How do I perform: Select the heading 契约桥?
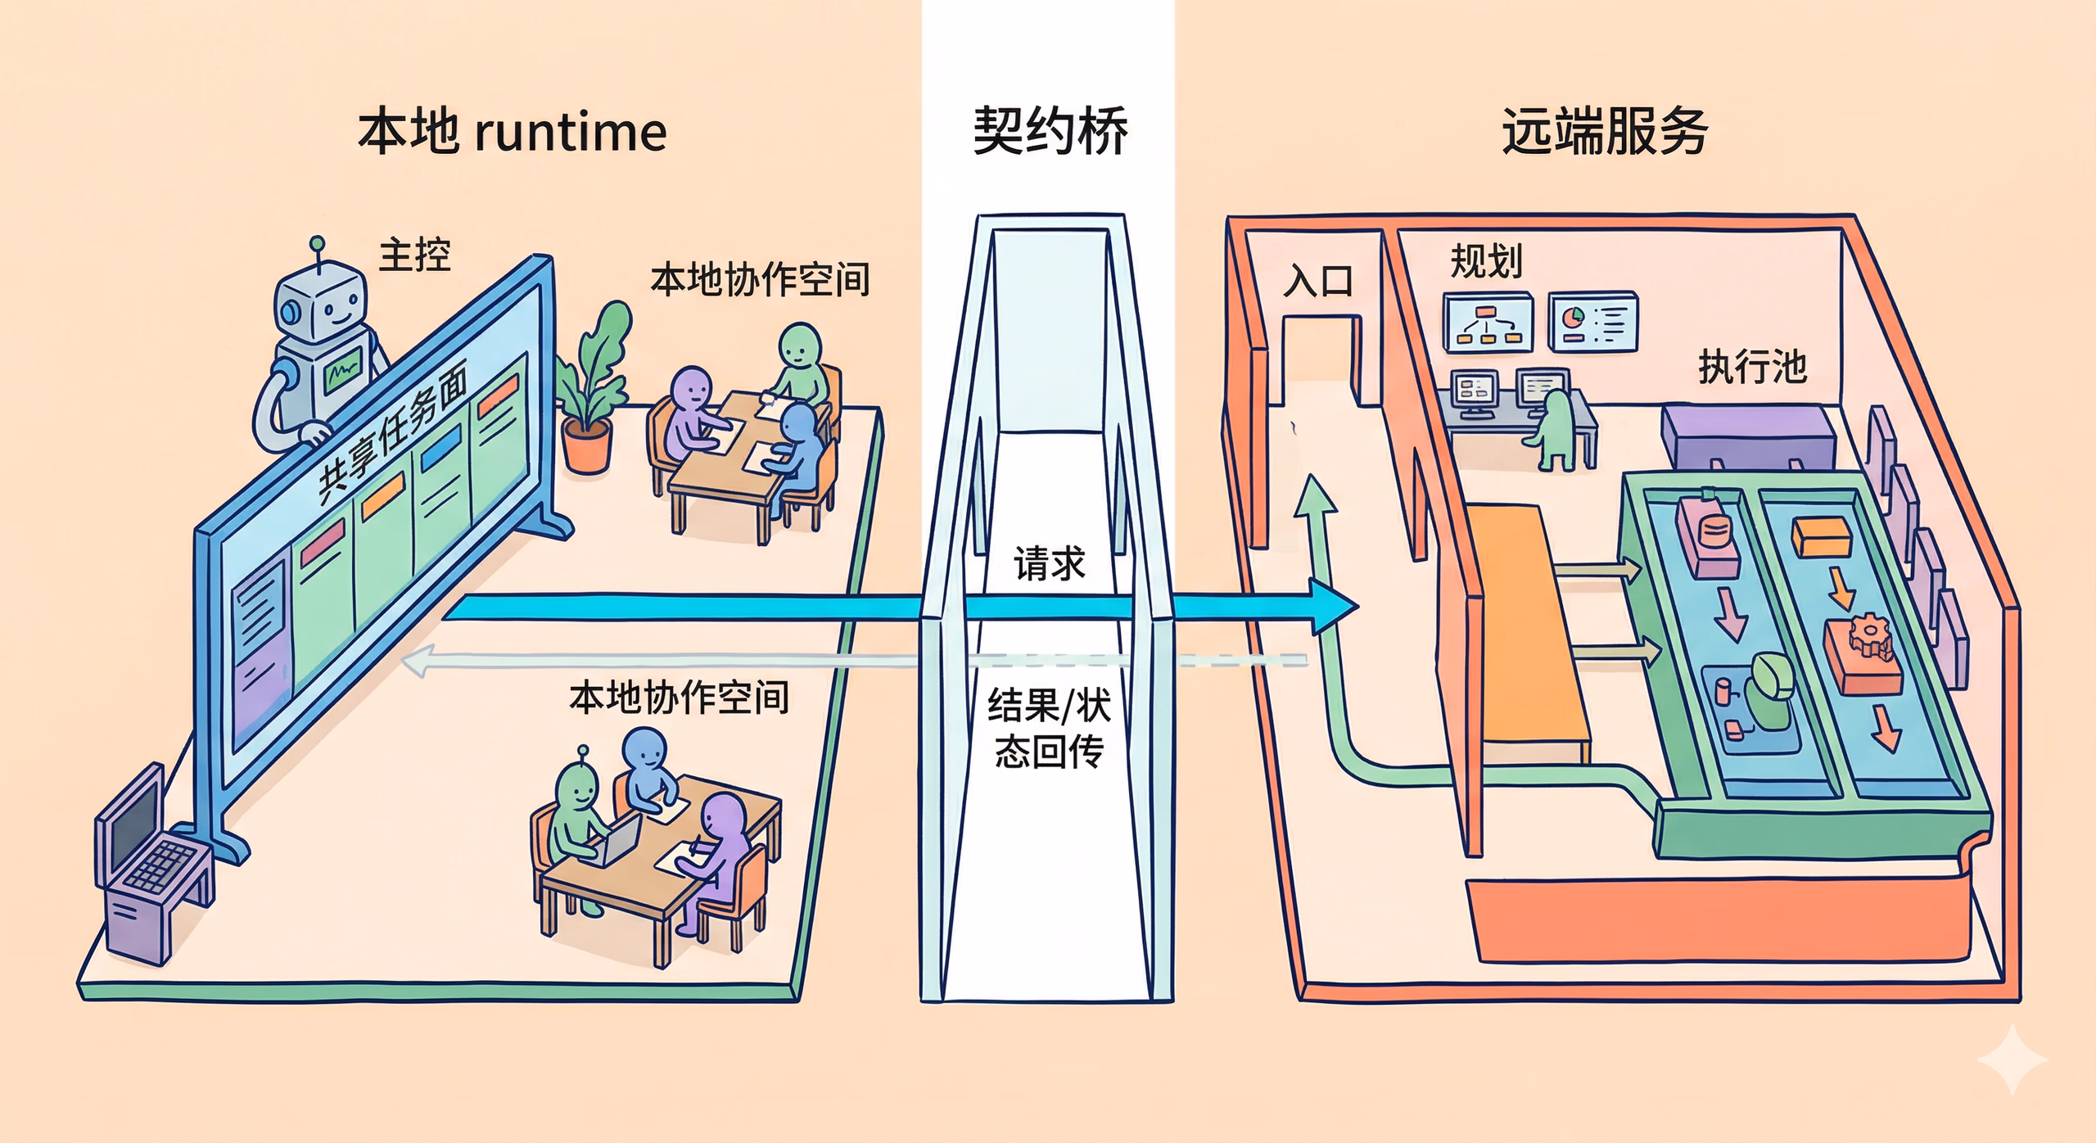coord(1049,131)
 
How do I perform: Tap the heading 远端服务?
coord(1604,131)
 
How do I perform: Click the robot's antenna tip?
coord(317,243)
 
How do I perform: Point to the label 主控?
coord(414,255)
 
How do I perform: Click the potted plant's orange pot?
coord(586,446)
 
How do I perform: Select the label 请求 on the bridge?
coord(1049,564)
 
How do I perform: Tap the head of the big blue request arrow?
coord(1335,607)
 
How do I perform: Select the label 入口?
coord(1318,282)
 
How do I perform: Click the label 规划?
coord(1485,262)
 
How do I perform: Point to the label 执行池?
coord(1752,366)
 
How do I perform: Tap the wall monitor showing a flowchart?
coord(1488,324)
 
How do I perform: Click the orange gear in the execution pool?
coord(1868,634)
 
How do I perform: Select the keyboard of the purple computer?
coord(160,868)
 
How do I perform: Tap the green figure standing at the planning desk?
coord(1553,430)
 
